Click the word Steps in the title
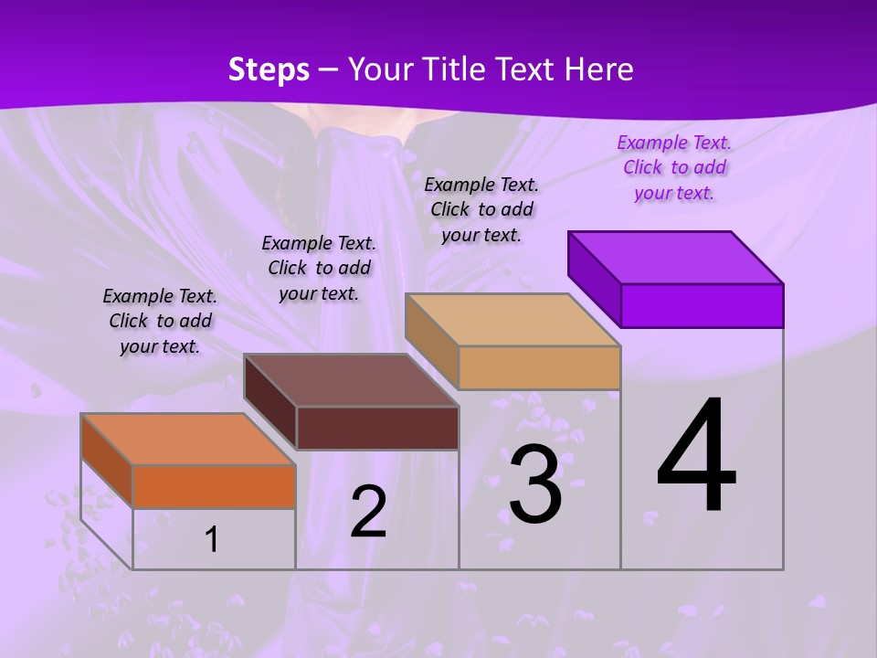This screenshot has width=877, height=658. [269, 69]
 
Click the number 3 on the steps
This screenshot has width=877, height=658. [535, 483]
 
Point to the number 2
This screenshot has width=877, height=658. [368, 512]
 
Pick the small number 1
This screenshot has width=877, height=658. [212, 540]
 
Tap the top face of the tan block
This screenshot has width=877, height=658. [512, 320]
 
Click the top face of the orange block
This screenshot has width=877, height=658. [188, 440]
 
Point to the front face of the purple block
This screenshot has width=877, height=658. [702, 305]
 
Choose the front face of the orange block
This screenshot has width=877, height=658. [214, 486]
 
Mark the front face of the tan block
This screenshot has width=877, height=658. [539, 367]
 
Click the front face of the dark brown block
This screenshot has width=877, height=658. [376, 428]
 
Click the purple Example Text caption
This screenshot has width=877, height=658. [674, 167]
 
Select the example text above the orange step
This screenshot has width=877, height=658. [160, 321]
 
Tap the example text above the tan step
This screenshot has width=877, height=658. [481, 209]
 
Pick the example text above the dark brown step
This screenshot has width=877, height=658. [319, 268]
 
